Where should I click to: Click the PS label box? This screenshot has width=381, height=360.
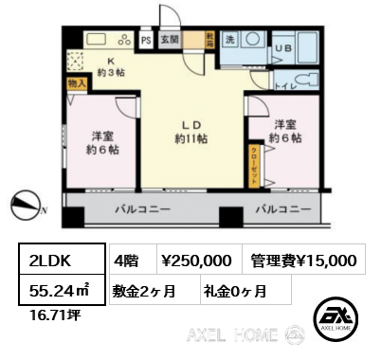click(x=146, y=40)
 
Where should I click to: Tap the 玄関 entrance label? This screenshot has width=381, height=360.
click(x=168, y=40)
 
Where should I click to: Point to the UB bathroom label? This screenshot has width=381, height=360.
click(x=281, y=46)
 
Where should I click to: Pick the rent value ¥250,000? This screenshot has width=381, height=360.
click(x=194, y=260)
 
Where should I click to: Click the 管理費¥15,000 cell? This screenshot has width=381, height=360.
click(x=303, y=260)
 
